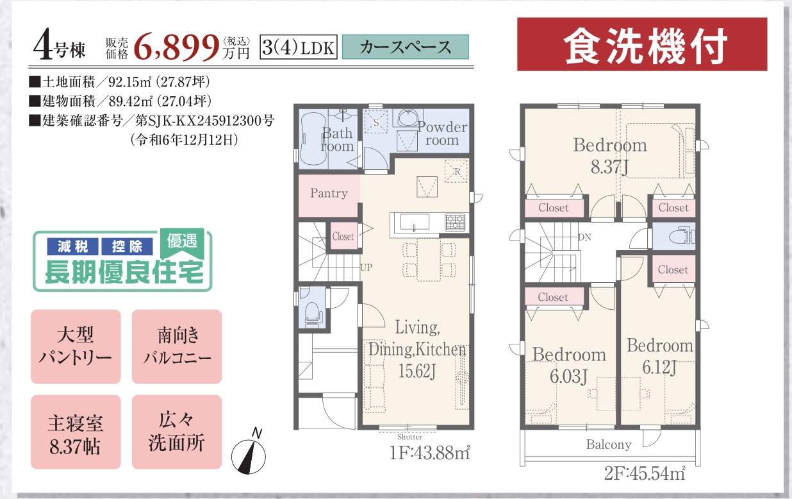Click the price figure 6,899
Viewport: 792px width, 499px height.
coord(176,47)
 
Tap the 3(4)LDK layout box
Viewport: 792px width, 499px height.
coord(299,47)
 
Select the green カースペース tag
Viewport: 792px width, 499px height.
coord(405,47)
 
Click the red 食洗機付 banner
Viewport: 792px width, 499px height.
coord(642,44)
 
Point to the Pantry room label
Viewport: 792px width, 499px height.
coord(329,193)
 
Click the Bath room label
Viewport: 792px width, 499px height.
coord(337,140)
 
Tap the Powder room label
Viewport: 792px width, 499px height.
coord(442,133)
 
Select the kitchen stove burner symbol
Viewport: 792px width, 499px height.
coord(455,223)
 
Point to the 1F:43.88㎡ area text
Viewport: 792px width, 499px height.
coord(429,453)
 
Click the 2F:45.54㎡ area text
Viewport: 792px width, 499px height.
coord(645,473)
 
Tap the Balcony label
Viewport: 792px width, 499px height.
coord(609,444)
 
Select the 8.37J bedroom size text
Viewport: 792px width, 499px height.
coord(609,167)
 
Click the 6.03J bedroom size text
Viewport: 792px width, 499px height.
coord(568,376)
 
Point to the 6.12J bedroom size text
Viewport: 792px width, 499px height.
coord(659,367)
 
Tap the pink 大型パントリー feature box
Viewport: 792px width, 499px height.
coord(76,346)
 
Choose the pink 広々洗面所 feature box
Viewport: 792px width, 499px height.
coord(177,432)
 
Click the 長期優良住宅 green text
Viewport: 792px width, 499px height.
coord(124,273)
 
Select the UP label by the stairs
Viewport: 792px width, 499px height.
coord(366,267)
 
